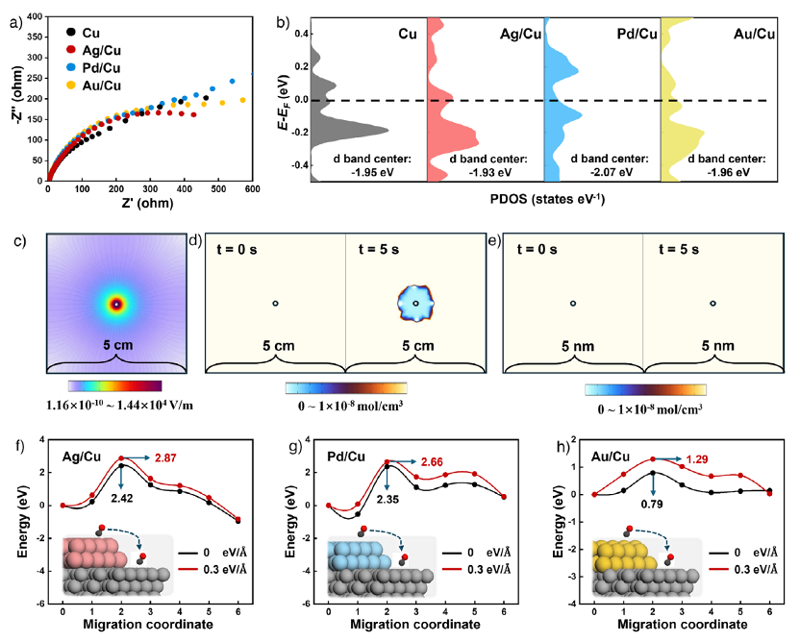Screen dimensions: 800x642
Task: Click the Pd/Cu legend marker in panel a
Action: (x=71, y=67)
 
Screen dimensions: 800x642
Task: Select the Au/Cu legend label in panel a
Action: (x=102, y=85)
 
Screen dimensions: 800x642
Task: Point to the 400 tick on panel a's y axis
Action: (x=35, y=16)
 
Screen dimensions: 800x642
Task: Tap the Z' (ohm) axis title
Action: (x=147, y=203)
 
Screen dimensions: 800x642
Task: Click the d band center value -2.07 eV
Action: (x=611, y=172)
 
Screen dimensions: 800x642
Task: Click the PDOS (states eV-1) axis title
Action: (x=547, y=199)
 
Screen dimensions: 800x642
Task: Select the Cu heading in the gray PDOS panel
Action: (x=407, y=34)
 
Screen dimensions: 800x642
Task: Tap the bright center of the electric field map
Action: (x=116, y=304)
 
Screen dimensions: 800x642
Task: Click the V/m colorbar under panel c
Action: (x=115, y=386)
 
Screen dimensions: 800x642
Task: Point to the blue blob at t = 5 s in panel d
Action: (x=416, y=303)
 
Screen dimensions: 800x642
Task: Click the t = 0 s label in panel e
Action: (x=537, y=249)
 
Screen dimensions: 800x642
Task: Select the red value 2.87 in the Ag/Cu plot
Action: (x=166, y=458)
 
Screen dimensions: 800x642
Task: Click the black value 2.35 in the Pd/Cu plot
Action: (x=388, y=499)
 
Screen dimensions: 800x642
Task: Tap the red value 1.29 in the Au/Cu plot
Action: (x=697, y=459)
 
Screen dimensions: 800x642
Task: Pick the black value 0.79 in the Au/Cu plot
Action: (x=652, y=504)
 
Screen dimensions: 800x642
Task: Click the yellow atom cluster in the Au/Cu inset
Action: (x=624, y=556)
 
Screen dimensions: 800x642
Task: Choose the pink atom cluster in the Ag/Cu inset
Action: (x=95, y=553)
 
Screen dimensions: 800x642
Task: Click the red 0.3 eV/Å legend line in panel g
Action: (x=452, y=570)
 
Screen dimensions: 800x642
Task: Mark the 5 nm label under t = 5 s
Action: (x=717, y=346)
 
